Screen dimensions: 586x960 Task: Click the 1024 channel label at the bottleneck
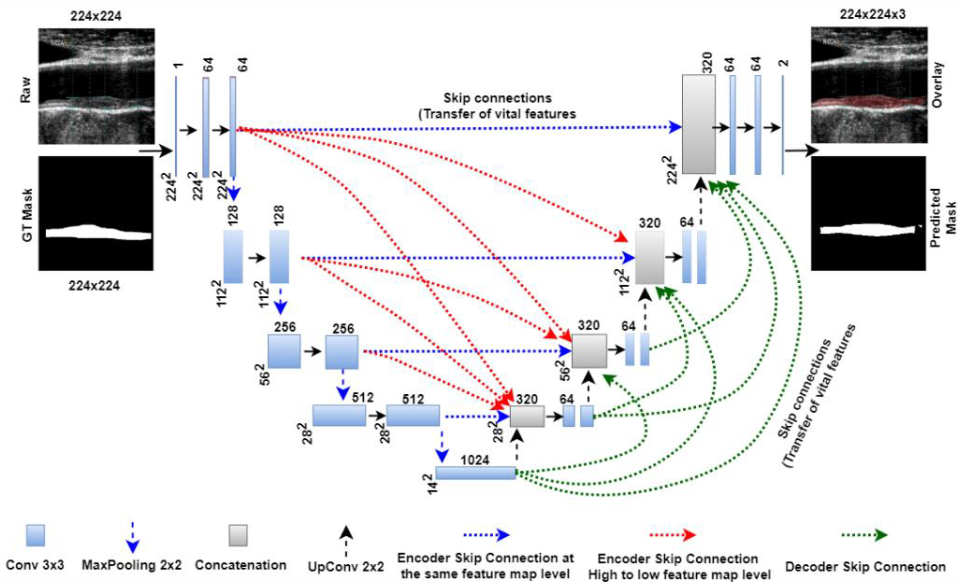[x=475, y=460]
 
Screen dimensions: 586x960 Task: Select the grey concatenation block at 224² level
[x=699, y=124]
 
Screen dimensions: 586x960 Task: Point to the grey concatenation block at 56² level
[x=589, y=351]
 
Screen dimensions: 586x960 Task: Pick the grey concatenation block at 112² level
[x=649, y=257]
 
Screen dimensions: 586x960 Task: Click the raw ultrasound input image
[x=96, y=86]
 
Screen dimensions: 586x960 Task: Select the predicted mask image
[x=868, y=213]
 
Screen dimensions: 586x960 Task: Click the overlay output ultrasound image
[x=869, y=85]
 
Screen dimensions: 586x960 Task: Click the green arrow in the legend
[x=864, y=535]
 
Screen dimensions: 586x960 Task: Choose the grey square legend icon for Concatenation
[x=238, y=535]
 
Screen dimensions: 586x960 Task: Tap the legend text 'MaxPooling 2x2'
[x=132, y=565]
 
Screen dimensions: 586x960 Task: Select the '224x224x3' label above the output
[x=872, y=14]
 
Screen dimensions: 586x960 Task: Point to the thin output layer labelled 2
[x=782, y=125]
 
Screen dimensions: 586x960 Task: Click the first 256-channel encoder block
[x=284, y=351]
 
